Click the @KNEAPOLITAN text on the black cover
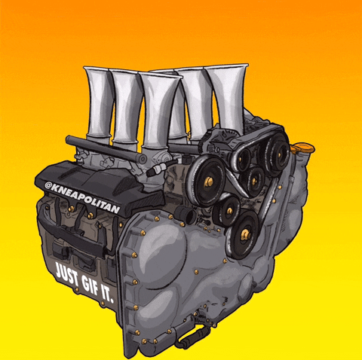[x=82, y=197]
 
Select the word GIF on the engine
[x=90, y=285]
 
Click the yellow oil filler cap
[x=303, y=148]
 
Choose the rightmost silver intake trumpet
[x=229, y=98]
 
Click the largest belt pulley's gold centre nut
[x=208, y=182]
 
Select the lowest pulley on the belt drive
[x=243, y=235]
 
